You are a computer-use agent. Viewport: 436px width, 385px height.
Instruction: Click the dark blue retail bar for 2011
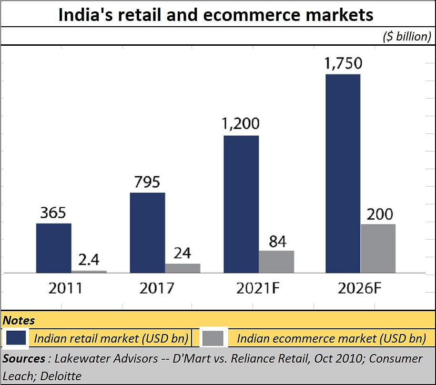point(54,248)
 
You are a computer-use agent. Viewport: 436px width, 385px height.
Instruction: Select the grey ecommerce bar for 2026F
point(378,248)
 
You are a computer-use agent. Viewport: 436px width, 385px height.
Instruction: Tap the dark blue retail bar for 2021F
point(241,204)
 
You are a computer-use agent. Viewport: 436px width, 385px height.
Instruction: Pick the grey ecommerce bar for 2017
point(183,268)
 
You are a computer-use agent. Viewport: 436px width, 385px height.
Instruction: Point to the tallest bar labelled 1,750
point(343,173)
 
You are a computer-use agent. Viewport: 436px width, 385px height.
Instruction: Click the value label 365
point(53,213)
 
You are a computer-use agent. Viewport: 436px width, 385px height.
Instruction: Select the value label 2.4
point(89,260)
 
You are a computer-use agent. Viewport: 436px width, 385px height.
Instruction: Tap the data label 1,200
point(241,124)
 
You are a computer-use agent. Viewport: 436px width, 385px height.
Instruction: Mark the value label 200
point(379,214)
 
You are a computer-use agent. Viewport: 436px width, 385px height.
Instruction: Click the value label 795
point(147,182)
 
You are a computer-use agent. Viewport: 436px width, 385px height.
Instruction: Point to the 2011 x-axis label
point(65,288)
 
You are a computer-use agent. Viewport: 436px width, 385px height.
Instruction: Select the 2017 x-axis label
point(157,288)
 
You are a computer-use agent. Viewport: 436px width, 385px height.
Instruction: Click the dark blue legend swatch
point(16,338)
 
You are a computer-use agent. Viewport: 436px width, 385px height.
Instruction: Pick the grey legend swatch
point(213,338)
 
